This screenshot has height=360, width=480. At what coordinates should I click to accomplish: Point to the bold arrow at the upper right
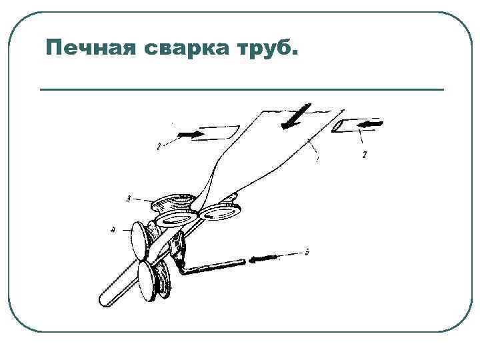tap(372, 124)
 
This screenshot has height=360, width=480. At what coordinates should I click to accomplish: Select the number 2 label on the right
tap(364, 154)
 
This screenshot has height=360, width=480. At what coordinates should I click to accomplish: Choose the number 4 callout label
tap(113, 231)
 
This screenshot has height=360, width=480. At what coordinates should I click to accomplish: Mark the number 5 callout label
tap(306, 252)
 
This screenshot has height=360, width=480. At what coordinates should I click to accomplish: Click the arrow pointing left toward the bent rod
tap(263, 257)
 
